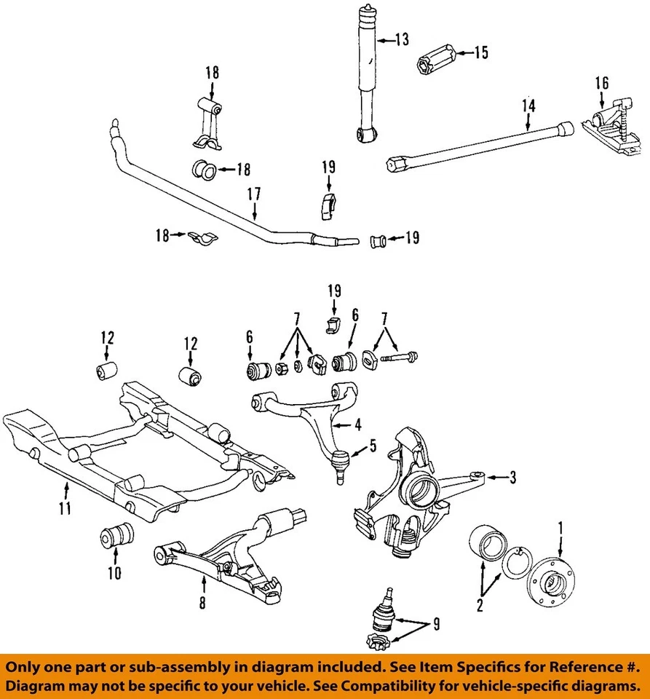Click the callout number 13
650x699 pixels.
(403, 39)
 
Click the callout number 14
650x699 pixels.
(528, 106)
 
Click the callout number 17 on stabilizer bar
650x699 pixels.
(254, 194)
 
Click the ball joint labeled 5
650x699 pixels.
(338, 462)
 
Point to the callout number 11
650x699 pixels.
(66, 508)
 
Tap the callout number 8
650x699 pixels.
(203, 602)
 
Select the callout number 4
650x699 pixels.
(357, 424)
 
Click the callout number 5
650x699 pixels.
(373, 446)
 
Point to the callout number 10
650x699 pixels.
(114, 573)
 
